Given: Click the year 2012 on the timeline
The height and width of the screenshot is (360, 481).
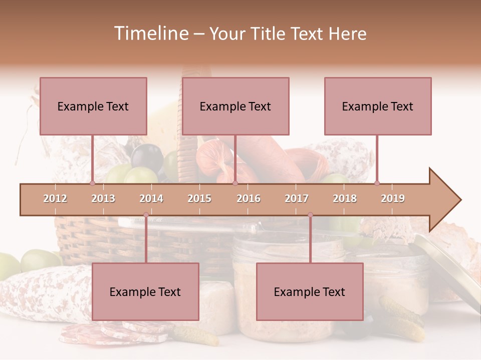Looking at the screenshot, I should coord(55,198).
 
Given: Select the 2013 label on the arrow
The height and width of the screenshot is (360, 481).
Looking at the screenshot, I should coord(103,198).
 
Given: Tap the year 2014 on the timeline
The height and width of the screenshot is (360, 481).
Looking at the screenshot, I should coord(151,198).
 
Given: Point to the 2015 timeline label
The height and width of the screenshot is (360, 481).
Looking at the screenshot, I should coord(199,198).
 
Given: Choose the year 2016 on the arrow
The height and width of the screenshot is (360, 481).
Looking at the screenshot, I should coord(249,198).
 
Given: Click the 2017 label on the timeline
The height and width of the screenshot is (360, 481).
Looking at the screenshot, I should coord(297,198).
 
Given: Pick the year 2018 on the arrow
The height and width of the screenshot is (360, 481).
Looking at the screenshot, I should coord(345,198).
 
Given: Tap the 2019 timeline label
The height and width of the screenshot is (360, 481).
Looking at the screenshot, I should coord(393,198).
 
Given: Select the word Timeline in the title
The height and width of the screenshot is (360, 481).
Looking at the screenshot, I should coord(150,33).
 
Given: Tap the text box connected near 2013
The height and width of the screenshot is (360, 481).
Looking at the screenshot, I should coord(93,106).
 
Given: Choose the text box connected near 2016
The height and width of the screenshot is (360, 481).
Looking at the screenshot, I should coord(235,106).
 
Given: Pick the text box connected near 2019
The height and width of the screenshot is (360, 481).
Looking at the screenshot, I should coord(378,106).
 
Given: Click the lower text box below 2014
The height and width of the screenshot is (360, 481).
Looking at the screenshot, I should coord(145,291).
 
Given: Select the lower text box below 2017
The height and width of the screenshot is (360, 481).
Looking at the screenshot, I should coord(310,291).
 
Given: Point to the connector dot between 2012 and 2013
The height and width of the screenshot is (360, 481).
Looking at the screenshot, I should coord(92,183).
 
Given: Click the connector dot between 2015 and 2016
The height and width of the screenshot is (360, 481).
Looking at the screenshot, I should coord(235,183).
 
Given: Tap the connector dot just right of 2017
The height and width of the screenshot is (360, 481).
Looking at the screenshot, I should coord(310,215).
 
